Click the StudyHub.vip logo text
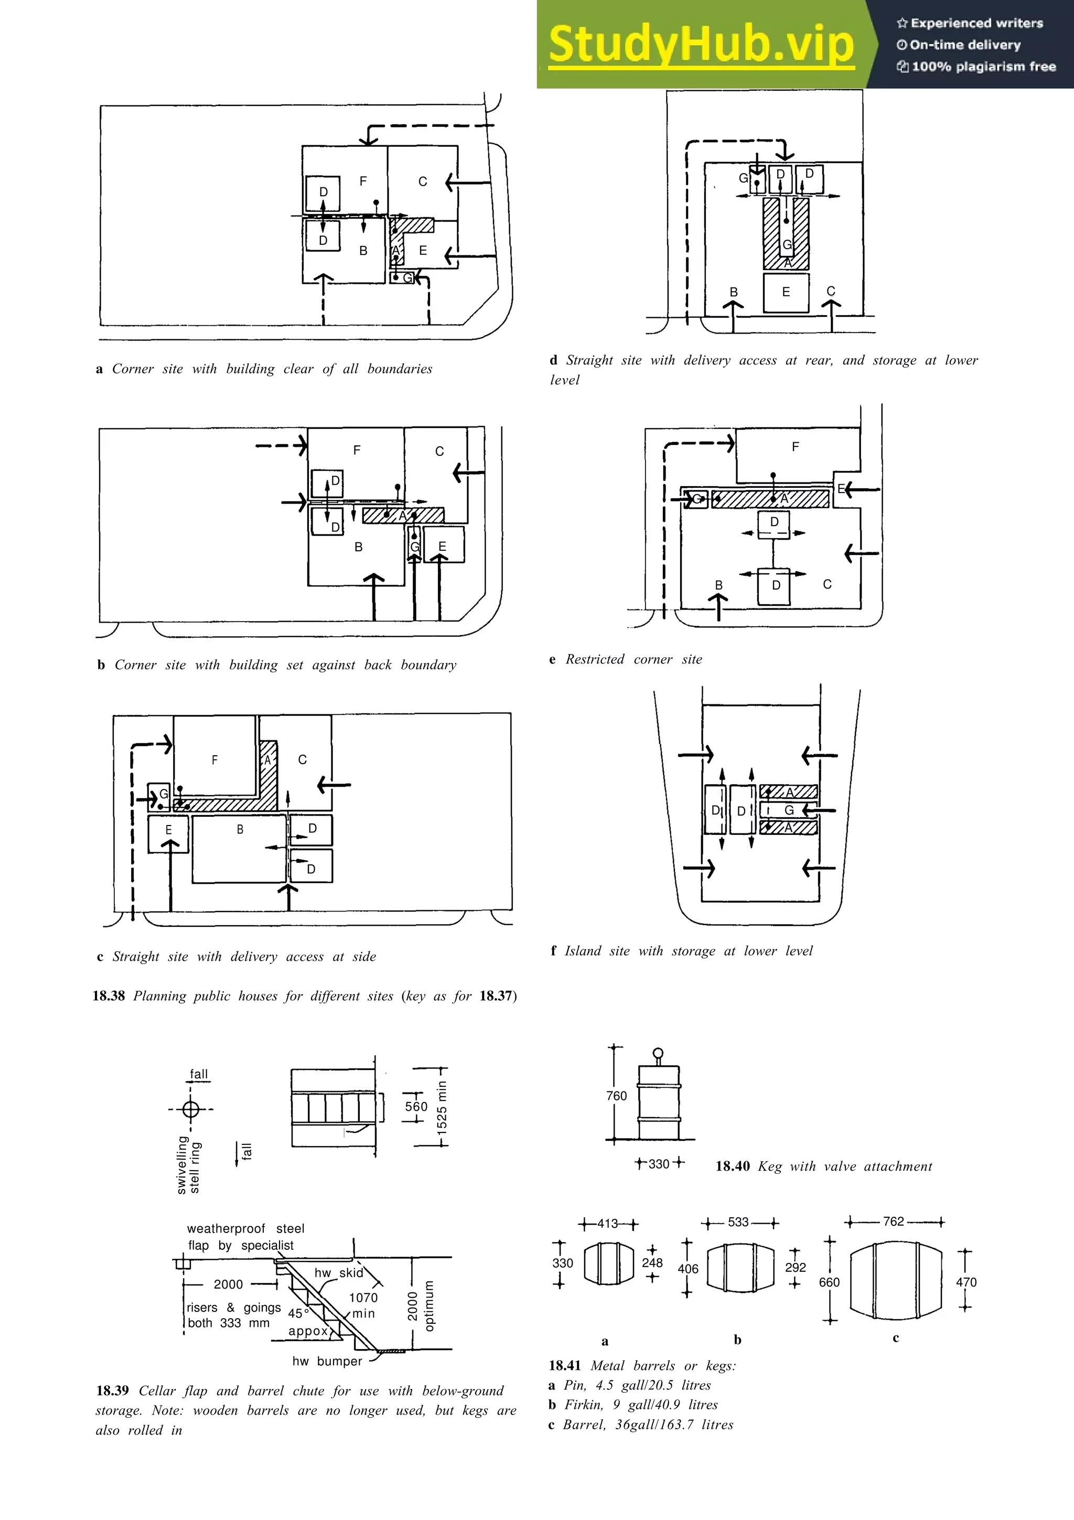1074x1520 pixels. click(x=702, y=45)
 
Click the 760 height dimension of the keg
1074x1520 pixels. click(x=616, y=1096)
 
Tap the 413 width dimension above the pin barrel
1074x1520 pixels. click(x=607, y=1224)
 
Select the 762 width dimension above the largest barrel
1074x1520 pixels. click(x=894, y=1222)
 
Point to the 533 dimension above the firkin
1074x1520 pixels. click(x=738, y=1222)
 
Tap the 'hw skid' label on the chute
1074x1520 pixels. click(x=338, y=1272)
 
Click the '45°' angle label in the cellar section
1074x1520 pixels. click(x=298, y=1313)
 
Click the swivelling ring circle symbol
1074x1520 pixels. click(x=190, y=1109)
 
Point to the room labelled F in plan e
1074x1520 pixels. click(x=796, y=447)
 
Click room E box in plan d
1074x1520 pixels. click(x=786, y=292)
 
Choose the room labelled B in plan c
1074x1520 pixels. click(x=240, y=830)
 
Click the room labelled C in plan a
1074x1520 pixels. click(x=422, y=182)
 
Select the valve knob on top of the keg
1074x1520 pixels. click(x=658, y=1053)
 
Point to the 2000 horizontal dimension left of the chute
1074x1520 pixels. click(x=228, y=1284)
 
